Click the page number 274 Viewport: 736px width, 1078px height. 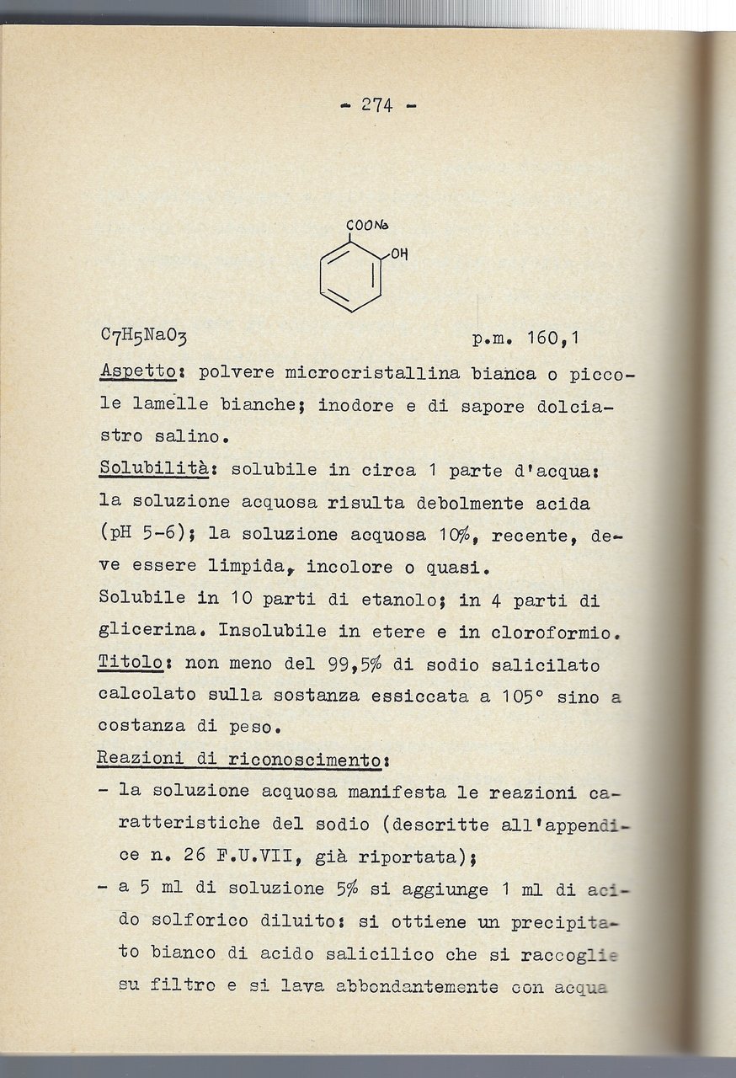(377, 105)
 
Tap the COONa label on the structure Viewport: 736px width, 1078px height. (365, 226)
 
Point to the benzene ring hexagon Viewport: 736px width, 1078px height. (351, 276)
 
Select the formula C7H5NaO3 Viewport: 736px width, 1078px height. (143, 339)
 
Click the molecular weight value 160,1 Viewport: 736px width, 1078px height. (552, 339)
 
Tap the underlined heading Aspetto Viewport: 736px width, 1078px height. (137, 371)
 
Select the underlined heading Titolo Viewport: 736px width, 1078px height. (130, 664)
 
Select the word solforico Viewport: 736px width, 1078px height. (211, 921)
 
